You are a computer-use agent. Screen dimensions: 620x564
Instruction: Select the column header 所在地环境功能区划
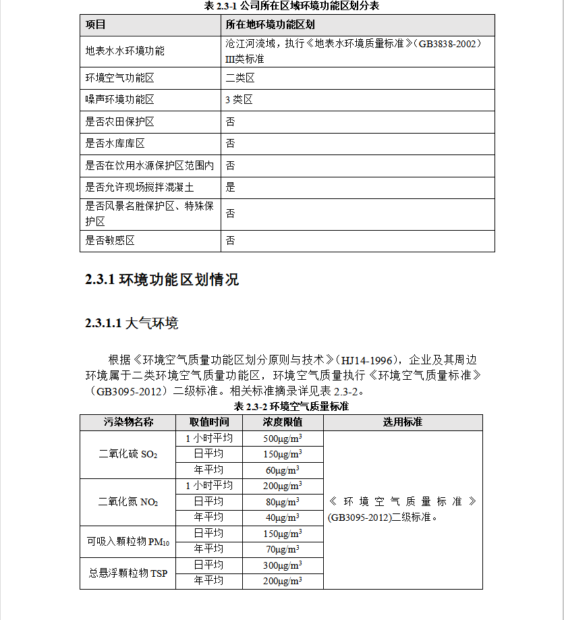point(270,25)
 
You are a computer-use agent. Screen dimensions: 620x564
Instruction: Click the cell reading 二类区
point(240,78)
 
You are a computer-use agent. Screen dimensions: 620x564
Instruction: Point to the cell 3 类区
point(239,100)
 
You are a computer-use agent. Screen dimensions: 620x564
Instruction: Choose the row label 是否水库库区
point(115,144)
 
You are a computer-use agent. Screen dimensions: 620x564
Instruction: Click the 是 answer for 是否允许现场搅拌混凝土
point(231,187)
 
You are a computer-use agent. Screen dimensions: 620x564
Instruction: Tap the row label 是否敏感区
point(111,241)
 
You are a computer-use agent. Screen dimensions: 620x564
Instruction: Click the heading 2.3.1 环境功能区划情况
point(162,279)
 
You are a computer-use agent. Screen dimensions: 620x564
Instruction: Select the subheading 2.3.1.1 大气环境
point(132,324)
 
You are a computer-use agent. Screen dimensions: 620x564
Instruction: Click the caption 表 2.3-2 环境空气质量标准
point(291,406)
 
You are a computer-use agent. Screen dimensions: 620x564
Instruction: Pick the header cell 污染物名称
point(128,422)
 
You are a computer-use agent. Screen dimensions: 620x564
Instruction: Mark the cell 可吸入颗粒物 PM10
point(128,541)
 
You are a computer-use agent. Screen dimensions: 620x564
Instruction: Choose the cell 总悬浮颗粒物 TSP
point(128,573)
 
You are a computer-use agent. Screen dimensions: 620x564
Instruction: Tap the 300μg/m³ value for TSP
point(282,565)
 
